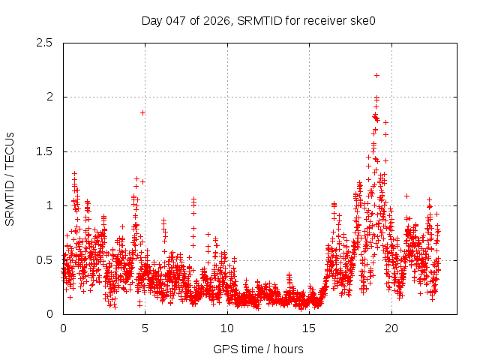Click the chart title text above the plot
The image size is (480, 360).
pyautogui.click(x=258, y=21)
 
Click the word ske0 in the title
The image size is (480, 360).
pyautogui.click(x=362, y=21)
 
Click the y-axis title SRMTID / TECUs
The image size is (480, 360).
pyautogui.click(x=10, y=178)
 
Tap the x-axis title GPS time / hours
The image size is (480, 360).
pyautogui.click(x=258, y=349)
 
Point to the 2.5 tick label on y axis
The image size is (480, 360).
pyautogui.click(x=45, y=43)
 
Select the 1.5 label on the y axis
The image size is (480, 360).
pyautogui.click(x=45, y=151)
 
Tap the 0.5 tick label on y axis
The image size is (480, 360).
pyautogui.click(x=45, y=260)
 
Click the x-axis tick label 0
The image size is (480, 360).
pyautogui.click(x=63, y=328)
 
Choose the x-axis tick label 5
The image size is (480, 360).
pyautogui.click(x=145, y=328)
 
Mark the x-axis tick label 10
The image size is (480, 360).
pyautogui.click(x=227, y=328)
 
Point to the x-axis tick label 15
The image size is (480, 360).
pyautogui.click(x=309, y=328)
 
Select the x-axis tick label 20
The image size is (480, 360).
pyautogui.click(x=391, y=328)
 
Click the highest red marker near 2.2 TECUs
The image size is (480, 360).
pyautogui.click(x=376, y=75)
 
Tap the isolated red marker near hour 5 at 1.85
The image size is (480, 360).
pyautogui.click(x=142, y=112)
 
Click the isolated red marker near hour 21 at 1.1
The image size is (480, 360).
pyautogui.click(x=406, y=196)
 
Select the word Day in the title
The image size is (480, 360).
pyautogui.click(x=151, y=21)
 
